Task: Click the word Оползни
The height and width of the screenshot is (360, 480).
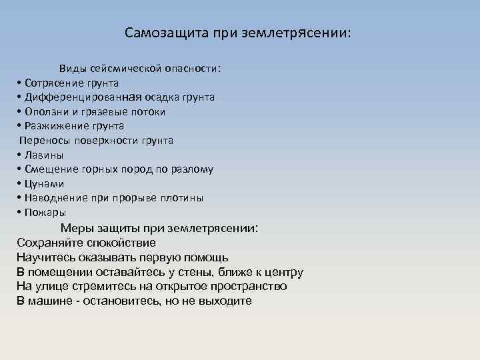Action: coord(46,112)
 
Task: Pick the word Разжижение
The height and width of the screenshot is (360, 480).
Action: coord(53,126)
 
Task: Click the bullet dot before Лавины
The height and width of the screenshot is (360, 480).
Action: coord(19,155)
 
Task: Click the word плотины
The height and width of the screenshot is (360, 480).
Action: coord(183,198)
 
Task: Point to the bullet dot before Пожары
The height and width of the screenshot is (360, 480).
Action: coord(19,213)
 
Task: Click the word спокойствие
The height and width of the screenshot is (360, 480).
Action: coord(117,243)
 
